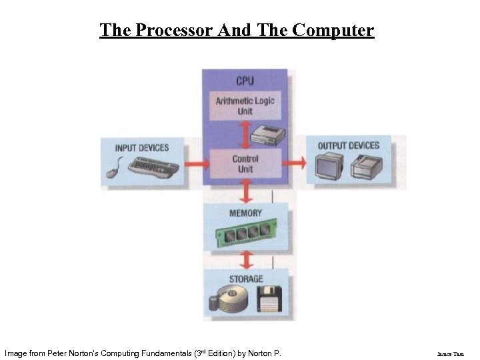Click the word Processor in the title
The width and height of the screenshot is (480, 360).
[170, 30]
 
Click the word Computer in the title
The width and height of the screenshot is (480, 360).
[333, 30]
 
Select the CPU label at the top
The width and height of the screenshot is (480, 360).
[245, 80]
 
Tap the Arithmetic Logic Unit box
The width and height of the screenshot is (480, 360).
[245, 105]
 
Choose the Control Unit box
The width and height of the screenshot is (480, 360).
[245, 163]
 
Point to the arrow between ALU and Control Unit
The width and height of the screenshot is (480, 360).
[245, 137]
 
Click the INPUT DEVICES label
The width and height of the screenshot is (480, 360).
[142, 147]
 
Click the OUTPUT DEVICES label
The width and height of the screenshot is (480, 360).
[349, 145]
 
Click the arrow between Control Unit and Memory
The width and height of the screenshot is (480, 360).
[245, 191]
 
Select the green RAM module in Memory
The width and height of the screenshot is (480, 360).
[244, 232]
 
